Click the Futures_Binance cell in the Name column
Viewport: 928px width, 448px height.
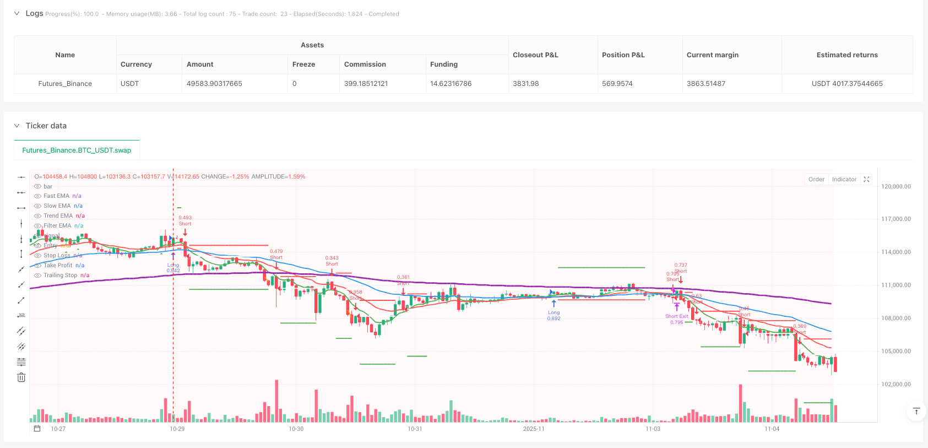click(65, 84)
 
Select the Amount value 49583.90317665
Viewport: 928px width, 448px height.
click(214, 84)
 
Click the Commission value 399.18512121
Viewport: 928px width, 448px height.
click(366, 84)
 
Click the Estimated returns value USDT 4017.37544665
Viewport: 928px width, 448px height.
click(846, 84)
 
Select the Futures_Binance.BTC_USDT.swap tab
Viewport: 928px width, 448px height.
click(77, 150)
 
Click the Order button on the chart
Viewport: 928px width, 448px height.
click(816, 180)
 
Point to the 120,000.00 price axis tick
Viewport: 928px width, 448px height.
click(896, 187)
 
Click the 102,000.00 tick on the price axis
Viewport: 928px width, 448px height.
click(896, 385)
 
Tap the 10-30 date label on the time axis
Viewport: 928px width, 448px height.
click(296, 429)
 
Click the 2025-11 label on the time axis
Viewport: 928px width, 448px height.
click(533, 429)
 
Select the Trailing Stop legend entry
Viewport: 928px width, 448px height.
click(61, 276)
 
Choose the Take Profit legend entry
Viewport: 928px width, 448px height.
click(58, 266)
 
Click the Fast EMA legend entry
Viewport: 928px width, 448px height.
click(56, 196)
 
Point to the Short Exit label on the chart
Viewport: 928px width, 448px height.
click(676, 316)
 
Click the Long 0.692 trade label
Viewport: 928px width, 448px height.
click(553, 315)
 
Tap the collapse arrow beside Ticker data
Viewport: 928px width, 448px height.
click(17, 126)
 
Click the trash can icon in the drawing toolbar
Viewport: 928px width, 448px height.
click(21, 377)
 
